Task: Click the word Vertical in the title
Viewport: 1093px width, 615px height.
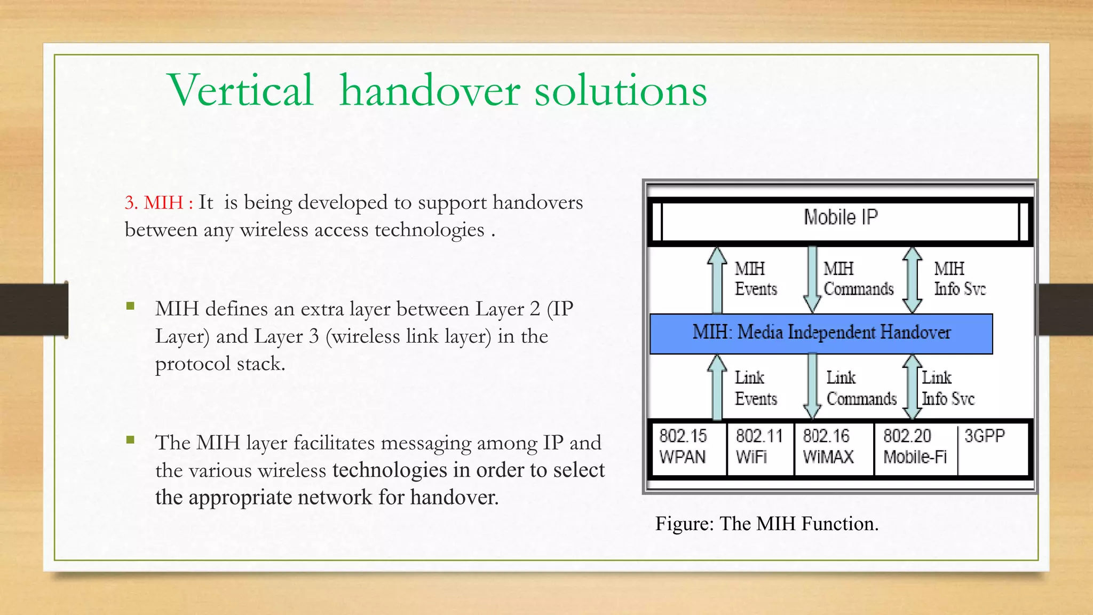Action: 240,90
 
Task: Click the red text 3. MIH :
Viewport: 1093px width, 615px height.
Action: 159,203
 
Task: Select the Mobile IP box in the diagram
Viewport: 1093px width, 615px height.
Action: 840,218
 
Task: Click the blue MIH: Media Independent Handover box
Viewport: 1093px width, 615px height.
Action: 821,333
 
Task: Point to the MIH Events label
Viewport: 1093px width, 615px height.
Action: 755,279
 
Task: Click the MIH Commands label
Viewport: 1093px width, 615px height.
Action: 858,279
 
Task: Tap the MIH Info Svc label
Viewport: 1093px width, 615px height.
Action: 959,279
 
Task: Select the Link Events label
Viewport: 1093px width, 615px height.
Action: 755,388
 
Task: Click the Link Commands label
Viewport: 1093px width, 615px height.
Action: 861,388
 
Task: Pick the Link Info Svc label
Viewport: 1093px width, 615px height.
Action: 948,388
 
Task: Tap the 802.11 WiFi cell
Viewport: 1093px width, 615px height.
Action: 759,447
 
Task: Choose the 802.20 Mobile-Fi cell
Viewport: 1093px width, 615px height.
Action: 914,447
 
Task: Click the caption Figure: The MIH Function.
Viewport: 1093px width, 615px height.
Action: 766,524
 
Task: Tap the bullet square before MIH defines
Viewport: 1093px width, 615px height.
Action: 131,306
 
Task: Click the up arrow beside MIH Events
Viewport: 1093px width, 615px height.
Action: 717,280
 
